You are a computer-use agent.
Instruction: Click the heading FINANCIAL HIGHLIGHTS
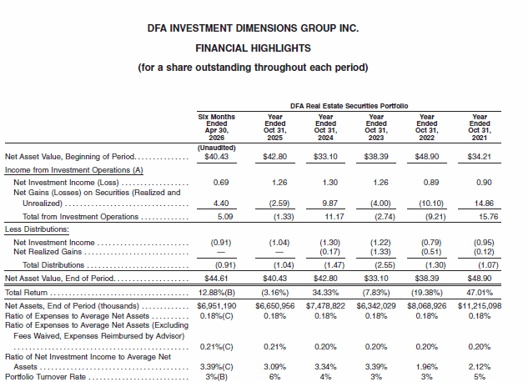pos(253,48)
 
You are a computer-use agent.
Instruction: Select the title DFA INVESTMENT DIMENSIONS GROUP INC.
pos(253,28)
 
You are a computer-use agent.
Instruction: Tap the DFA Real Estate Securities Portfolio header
pos(349,106)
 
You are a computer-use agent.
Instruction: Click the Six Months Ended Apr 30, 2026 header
pos(217,128)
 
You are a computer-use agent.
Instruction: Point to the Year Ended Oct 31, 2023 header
pos(376,128)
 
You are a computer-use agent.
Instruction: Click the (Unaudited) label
pos(217,148)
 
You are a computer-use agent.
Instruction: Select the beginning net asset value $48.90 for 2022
pos(426,157)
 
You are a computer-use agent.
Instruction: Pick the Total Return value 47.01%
pos(479,293)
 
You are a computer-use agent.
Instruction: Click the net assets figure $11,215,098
pos(480,306)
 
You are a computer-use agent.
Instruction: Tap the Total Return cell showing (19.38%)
pos(426,293)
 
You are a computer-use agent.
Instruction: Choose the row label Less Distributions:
pos(37,229)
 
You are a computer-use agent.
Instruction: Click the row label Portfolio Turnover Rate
pos(45,377)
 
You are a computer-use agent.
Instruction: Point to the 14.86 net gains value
pos(484,204)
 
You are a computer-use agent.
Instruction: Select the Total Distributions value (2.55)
pos(385,265)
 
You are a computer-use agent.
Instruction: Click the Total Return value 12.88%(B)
pos(217,293)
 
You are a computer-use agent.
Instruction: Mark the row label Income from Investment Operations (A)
pos(73,170)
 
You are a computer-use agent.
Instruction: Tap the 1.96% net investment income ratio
pos(426,366)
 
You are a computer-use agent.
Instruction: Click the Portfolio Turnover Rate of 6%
pos(274,377)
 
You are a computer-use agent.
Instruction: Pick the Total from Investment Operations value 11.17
pos(334,217)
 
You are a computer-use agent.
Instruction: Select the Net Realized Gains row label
pos(48,252)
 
